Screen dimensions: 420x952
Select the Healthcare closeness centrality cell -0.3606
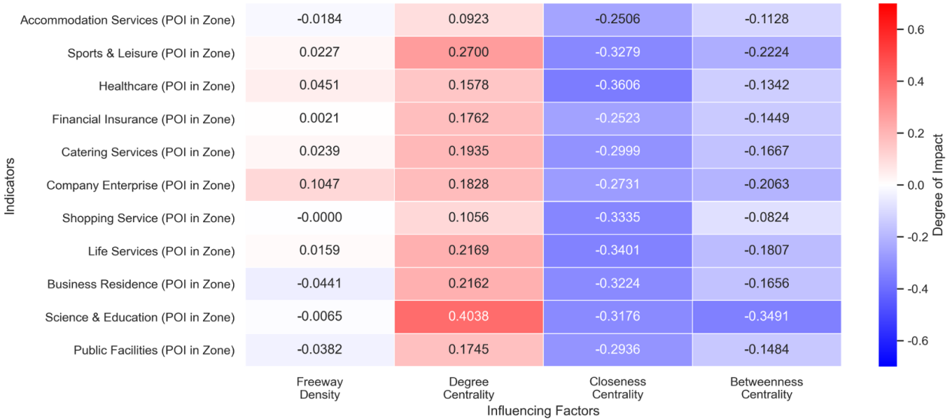(x=617, y=86)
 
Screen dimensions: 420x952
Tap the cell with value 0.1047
(x=320, y=185)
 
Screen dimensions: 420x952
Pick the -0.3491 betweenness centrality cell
(x=766, y=317)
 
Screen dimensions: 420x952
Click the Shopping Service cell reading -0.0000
(x=320, y=218)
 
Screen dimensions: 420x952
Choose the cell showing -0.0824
(x=766, y=218)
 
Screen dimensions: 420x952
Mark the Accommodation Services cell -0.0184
(x=320, y=20)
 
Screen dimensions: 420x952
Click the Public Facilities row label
(x=154, y=350)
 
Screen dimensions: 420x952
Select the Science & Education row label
(x=140, y=317)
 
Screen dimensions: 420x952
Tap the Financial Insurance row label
(x=143, y=119)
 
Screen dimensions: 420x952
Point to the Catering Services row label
(x=148, y=152)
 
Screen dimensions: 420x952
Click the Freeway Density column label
(x=320, y=388)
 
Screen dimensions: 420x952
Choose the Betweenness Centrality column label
(x=766, y=388)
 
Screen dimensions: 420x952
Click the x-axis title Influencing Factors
(x=543, y=411)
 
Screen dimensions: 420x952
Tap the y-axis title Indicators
(x=10, y=185)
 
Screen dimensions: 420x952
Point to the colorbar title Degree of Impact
(x=938, y=185)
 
